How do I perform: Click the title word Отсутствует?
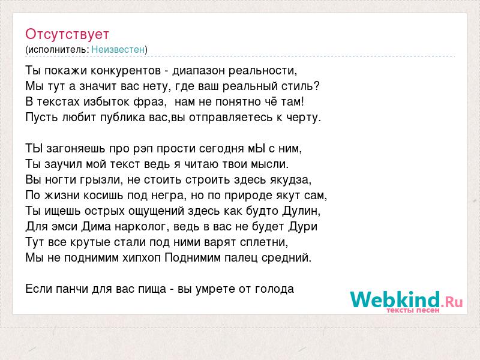click(x=67, y=34)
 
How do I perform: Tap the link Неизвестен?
click(x=118, y=50)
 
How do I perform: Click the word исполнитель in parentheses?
click(x=58, y=50)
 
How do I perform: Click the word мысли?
click(x=269, y=164)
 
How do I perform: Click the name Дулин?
click(x=301, y=211)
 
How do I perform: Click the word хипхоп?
click(x=142, y=258)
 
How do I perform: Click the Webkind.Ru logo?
click(x=406, y=301)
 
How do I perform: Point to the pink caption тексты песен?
click(x=413, y=310)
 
